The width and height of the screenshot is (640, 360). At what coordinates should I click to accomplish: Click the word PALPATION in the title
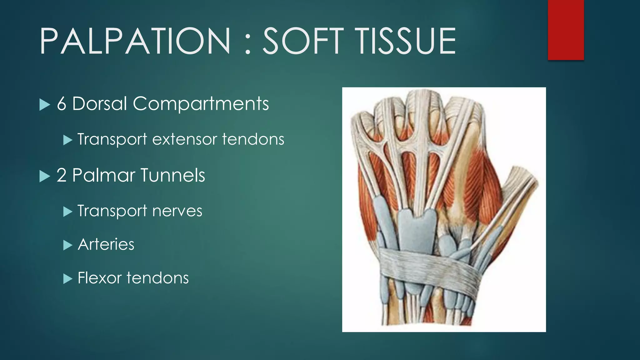(x=135, y=41)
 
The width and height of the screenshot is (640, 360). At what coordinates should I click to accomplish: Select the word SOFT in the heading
(x=303, y=41)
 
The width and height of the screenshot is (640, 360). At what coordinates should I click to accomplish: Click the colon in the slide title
(x=248, y=44)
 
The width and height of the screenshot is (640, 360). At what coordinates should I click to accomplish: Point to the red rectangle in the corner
(x=566, y=30)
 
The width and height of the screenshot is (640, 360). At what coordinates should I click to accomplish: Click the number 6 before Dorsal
(x=62, y=104)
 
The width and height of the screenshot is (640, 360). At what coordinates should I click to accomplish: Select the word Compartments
(x=201, y=104)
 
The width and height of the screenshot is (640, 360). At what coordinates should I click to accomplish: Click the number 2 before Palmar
(x=61, y=175)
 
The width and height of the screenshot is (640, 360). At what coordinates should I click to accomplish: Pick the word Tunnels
(x=173, y=175)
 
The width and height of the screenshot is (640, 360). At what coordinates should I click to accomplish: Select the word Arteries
(x=106, y=244)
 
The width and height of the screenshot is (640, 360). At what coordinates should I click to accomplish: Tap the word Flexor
(x=99, y=278)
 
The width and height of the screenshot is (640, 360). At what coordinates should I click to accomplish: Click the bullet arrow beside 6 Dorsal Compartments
(x=45, y=105)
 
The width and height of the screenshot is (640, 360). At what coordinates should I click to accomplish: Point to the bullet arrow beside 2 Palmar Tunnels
(x=45, y=176)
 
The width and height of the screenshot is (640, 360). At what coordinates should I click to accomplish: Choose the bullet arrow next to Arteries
(x=67, y=245)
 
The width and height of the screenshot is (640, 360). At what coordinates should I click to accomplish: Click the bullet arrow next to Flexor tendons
(x=67, y=279)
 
